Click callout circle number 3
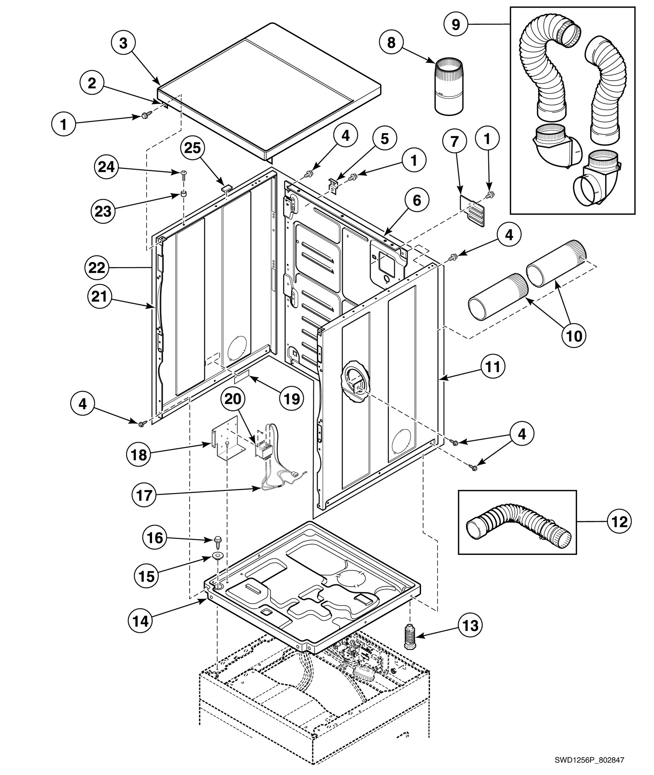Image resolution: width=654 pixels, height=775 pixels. coord(123,43)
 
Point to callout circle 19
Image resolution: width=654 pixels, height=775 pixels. coord(292,398)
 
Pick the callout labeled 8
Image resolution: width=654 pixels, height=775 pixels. coord(391,42)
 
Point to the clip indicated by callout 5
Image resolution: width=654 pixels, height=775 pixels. coord(332,185)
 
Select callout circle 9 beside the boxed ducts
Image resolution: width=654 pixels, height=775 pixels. coord(456,24)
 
